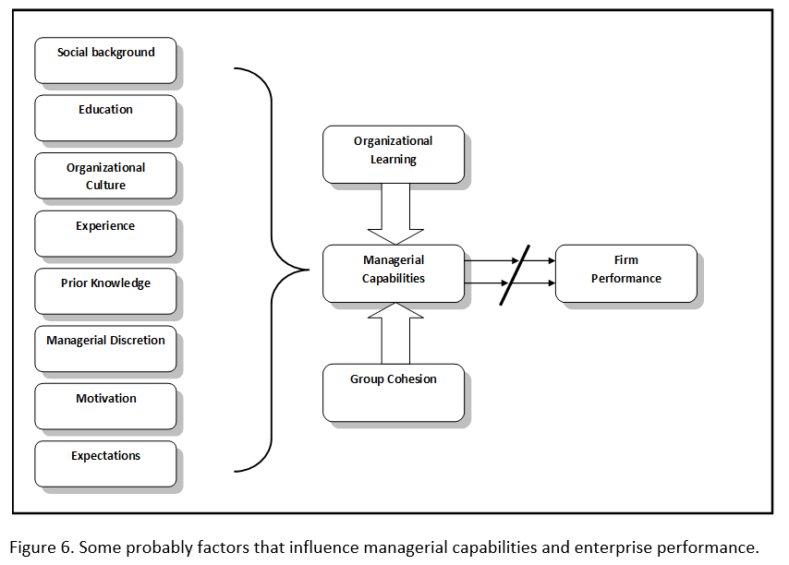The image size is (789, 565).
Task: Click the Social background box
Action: [x=105, y=60]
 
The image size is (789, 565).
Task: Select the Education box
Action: [x=105, y=117]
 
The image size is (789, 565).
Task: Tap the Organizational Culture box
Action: [x=105, y=175]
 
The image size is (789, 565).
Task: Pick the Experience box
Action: [x=105, y=233]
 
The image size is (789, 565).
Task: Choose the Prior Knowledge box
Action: [x=105, y=291]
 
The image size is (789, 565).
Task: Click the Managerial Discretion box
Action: [x=105, y=348]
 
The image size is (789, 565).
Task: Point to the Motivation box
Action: [x=105, y=406]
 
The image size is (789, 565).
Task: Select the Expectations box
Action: [x=105, y=463]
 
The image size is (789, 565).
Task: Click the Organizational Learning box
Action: [x=394, y=153]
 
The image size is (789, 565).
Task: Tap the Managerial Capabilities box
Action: [x=394, y=273]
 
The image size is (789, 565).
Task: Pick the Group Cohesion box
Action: [x=394, y=392]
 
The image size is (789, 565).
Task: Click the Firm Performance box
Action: [x=625, y=273]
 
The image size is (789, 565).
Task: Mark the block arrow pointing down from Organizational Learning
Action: [x=394, y=214]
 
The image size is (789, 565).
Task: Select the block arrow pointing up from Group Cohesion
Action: [x=394, y=332]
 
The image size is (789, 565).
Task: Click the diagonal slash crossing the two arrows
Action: [x=515, y=274]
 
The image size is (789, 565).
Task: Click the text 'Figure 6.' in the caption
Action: [x=42, y=547]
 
